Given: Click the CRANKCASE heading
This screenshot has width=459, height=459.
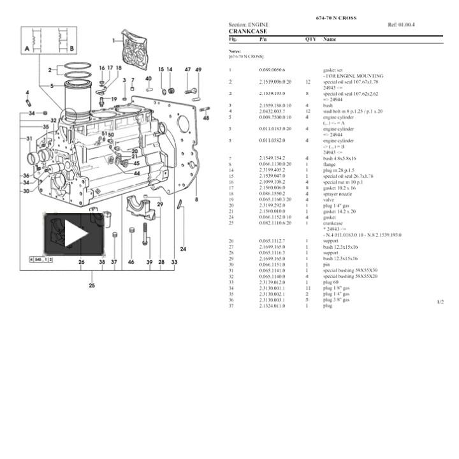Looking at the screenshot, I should click(248, 31).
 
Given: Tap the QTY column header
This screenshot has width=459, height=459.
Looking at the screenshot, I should click(310, 40).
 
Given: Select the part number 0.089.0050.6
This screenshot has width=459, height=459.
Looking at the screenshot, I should click(272, 69).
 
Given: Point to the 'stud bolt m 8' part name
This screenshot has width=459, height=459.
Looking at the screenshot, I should click(353, 111).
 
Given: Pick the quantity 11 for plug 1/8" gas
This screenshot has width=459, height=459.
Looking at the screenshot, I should click(307, 288).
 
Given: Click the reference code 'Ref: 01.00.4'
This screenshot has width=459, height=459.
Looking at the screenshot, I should click(401, 25).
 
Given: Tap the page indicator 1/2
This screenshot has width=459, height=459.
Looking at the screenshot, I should click(440, 302).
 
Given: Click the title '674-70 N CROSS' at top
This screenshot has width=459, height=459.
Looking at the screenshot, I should click(336, 18).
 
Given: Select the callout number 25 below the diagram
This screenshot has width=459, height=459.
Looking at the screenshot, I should click(92, 285).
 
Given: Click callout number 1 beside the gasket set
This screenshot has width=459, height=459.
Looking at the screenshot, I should click(114, 40).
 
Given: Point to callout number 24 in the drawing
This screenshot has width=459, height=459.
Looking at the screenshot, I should click(184, 249).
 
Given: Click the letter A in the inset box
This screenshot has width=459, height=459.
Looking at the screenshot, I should click(27, 48).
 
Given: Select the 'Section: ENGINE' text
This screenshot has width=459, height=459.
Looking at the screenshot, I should click(249, 25).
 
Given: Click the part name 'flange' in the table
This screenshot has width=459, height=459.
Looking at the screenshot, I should click(329, 164).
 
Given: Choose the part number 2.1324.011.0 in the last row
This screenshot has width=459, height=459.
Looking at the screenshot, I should click(272, 306).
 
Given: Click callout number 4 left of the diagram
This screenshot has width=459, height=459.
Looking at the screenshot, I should click(27, 92).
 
